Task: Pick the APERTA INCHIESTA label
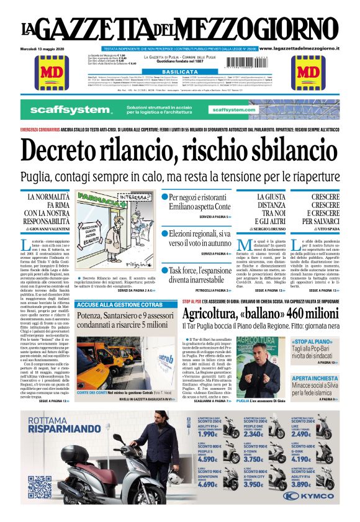[x=315, y=378]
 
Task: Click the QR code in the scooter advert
[x=39, y=488]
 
